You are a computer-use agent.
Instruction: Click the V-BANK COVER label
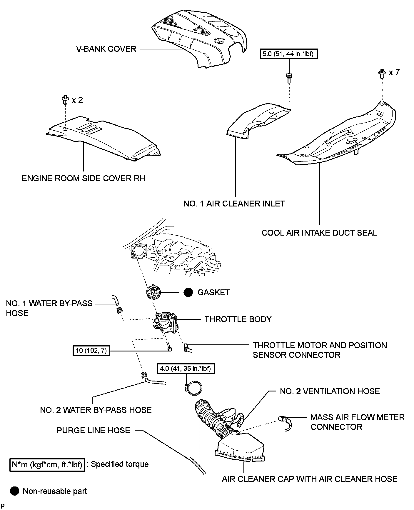[x=106, y=49]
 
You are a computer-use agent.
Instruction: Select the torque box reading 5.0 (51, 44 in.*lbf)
[x=289, y=54]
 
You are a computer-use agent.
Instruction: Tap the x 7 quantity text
[x=394, y=72]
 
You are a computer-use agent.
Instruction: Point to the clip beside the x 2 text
[x=66, y=100]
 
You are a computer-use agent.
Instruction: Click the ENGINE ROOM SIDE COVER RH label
[x=84, y=178]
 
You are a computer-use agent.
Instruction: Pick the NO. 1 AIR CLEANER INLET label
[x=234, y=204]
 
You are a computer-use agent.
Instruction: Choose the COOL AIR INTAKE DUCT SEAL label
[x=319, y=233]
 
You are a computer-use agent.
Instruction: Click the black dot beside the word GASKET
[x=188, y=292]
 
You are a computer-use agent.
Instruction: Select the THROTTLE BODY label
[x=238, y=319]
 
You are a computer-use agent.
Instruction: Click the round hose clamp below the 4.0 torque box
[x=194, y=388]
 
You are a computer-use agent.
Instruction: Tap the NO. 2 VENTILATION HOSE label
[x=330, y=391]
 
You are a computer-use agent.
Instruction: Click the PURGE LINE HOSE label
[x=93, y=430]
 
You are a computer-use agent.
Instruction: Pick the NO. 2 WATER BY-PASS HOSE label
[x=96, y=410]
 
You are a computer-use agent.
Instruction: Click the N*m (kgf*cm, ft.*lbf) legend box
[x=47, y=465]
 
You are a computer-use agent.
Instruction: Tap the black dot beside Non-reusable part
[x=14, y=491]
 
